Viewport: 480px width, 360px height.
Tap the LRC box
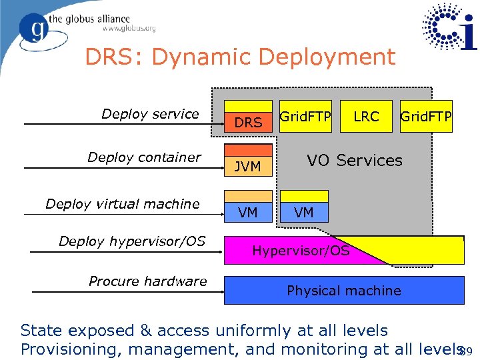click(x=366, y=117)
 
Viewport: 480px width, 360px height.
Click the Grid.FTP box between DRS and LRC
click(x=305, y=117)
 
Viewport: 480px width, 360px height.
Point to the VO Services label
click(x=354, y=161)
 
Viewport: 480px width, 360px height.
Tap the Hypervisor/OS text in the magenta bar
click(x=301, y=251)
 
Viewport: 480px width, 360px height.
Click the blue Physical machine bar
click(x=343, y=291)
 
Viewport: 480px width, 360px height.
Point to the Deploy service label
click(x=150, y=114)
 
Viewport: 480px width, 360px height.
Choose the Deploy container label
click(x=144, y=157)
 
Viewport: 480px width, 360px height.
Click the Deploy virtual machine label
click(x=123, y=203)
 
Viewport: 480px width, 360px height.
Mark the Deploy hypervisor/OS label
click(x=132, y=241)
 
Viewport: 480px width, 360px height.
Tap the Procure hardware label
click(x=148, y=281)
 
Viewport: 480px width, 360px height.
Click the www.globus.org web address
click(x=129, y=29)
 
